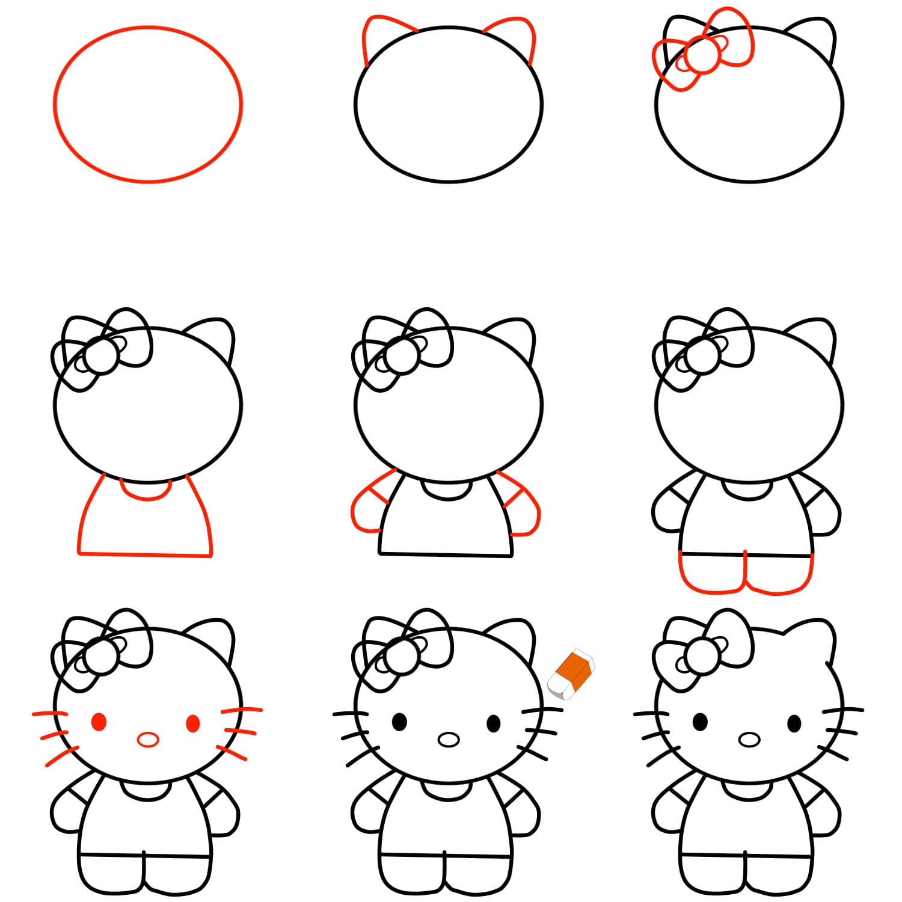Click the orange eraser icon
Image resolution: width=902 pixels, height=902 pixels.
(571, 673)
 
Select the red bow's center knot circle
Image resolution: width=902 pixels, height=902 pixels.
(703, 54)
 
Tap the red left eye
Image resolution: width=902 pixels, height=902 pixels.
(99, 722)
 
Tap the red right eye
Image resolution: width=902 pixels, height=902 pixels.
(193, 723)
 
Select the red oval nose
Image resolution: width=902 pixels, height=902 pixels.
(147, 739)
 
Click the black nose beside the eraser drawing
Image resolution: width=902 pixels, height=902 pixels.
(448, 739)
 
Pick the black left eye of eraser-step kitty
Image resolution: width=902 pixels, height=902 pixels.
(399, 722)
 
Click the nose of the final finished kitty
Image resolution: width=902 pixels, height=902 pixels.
(749, 739)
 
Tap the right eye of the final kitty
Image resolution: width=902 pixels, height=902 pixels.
(794, 723)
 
